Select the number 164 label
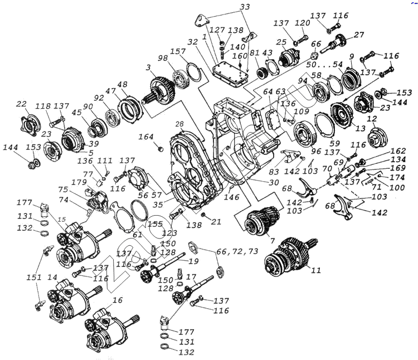pyautogui.click(x=146, y=136)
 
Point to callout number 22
pyautogui.click(x=21, y=104)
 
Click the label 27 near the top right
pyautogui.click(x=358, y=35)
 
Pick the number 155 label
pyautogui.click(x=155, y=223)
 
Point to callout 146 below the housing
pyautogui.click(x=229, y=198)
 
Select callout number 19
pyautogui.click(x=193, y=261)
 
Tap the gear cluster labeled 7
pyautogui.click(x=258, y=220)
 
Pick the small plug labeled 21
pyautogui.click(x=203, y=214)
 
